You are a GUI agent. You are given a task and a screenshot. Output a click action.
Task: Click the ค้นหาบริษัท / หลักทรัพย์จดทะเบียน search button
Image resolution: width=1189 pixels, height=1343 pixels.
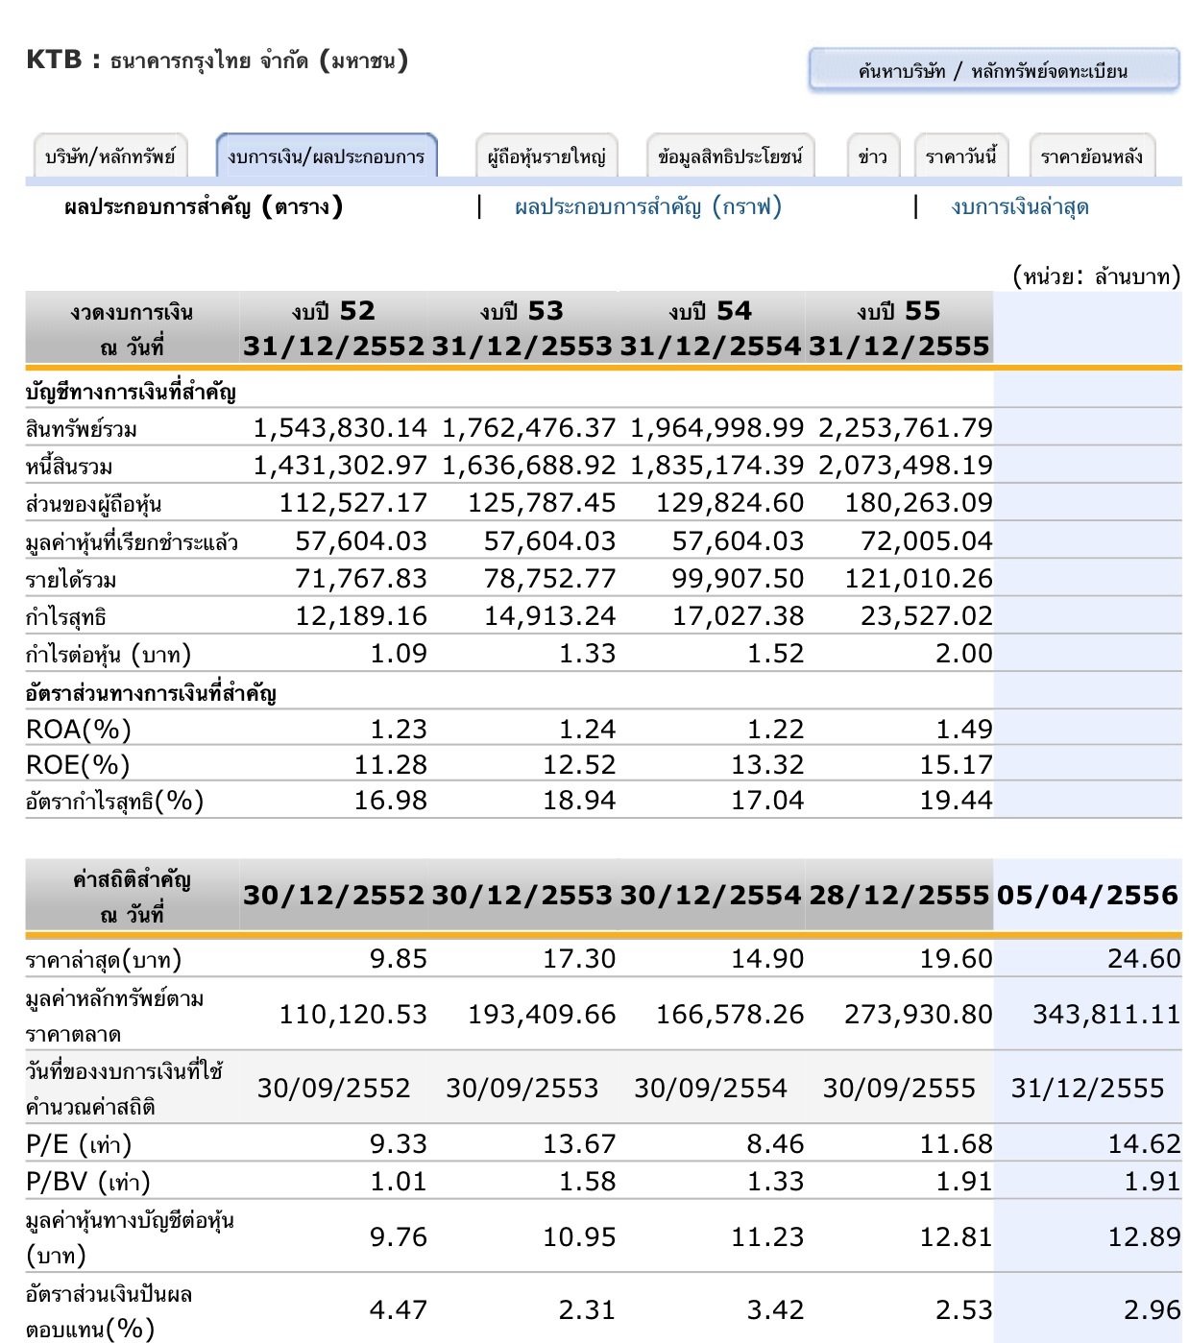pyautogui.click(x=993, y=70)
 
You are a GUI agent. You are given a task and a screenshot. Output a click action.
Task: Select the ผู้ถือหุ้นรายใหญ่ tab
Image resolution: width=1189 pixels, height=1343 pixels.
pyautogui.click(x=546, y=156)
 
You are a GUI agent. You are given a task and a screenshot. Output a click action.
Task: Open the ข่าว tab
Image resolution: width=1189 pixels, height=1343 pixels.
pyautogui.click(x=872, y=156)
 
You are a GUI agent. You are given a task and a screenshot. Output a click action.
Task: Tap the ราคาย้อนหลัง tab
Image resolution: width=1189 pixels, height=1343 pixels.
pyautogui.click(x=1091, y=156)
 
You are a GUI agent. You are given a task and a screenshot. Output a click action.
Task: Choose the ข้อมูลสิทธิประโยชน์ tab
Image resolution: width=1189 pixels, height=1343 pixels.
pyautogui.click(x=730, y=156)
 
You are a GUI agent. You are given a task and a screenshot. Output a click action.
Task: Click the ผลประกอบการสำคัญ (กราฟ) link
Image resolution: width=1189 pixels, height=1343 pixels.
pyautogui.click(x=648, y=206)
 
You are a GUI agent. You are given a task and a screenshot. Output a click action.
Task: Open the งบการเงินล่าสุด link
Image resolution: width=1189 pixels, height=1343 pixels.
pyautogui.click(x=1019, y=206)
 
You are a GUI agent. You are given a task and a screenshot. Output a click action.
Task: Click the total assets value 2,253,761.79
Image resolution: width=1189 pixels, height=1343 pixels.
pyautogui.click(x=905, y=428)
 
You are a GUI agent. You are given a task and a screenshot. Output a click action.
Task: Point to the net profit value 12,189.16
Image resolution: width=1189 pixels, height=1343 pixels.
pyautogui.click(x=360, y=616)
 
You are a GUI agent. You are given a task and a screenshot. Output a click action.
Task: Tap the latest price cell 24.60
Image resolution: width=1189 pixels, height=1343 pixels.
pyautogui.click(x=1143, y=959)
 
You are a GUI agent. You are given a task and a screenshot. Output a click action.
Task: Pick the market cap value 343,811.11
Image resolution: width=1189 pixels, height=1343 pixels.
pyautogui.click(x=1105, y=1015)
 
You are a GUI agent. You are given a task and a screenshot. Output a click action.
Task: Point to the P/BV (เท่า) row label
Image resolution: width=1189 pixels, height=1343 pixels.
pyautogui.click(x=87, y=1182)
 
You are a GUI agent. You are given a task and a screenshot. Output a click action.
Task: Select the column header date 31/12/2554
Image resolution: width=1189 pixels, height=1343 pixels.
pyautogui.click(x=710, y=346)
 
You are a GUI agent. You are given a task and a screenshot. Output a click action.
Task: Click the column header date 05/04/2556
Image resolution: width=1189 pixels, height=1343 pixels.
pyautogui.click(x=1087, y=896)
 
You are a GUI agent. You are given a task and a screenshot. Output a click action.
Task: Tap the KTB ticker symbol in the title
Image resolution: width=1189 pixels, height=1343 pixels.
pyautogui.click(x=54, y=60)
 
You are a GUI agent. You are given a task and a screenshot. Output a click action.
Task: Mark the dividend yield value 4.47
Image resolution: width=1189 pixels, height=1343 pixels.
pyautogui.click(x=398, y=1310)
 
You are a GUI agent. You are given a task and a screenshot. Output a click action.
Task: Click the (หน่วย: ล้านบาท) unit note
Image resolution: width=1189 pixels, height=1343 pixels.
pyautogui.click(x=1096, y=276)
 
